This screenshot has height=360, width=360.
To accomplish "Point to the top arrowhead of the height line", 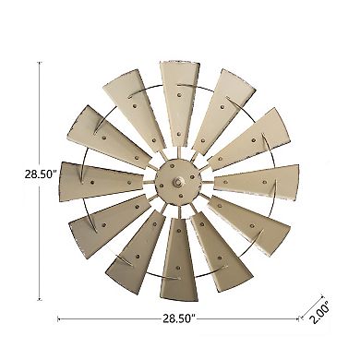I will [x=41, y=64].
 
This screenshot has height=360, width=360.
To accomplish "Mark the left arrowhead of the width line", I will [x=60, y=318].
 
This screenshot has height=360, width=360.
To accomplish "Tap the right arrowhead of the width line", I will [x=296, y=318].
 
